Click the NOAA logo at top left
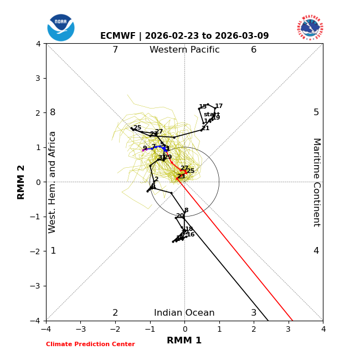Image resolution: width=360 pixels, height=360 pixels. (x=61, y=28)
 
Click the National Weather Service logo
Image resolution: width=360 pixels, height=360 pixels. (x=310, y=28)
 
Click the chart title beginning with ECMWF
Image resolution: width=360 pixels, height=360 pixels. (x=184, y=36)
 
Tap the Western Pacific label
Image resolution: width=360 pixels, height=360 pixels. (x=184, y=50)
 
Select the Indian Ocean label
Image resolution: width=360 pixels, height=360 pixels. (x=184, y=313)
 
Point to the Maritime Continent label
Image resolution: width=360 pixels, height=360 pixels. (x=316, y=182)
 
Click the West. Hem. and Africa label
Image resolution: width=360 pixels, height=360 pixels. (x=53, y=182)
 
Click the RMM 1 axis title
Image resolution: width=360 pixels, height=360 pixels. (x=184, y=341)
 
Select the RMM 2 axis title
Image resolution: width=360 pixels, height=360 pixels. (x=22, y=182)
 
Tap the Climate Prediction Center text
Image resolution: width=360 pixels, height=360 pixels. (x=90, y=344)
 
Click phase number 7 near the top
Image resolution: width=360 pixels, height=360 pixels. (x=115, y=50)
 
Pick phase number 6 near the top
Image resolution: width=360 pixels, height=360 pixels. (x=254, y=50)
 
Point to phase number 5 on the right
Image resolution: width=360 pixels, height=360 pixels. (x=316, y=112)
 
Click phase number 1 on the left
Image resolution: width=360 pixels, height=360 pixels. (x=53, y=251)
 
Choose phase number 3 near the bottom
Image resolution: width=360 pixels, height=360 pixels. (x=254, y=313)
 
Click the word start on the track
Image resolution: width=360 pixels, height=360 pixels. (x=212, y=115)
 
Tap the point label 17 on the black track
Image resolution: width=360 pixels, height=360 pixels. (x=219, y=106)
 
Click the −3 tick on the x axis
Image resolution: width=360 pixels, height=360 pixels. (x=80, y=330)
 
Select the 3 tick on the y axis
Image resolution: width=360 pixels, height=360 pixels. (x=38, y=78)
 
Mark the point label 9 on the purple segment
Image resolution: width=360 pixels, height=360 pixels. (x=145, y=148)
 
